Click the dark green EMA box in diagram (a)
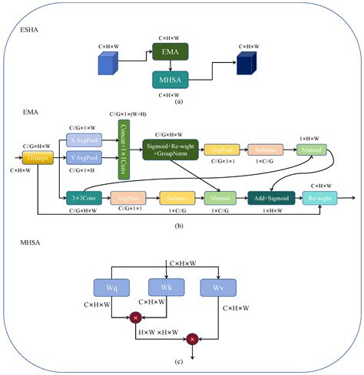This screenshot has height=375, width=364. click(x=170, y=52)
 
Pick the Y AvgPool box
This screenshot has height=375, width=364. click(x=84, y=157)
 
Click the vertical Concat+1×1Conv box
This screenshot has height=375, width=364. click(x=123, y=148)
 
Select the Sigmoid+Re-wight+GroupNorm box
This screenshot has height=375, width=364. click(x=170, y=148)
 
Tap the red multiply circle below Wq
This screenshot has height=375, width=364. click(x=137, y=316)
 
